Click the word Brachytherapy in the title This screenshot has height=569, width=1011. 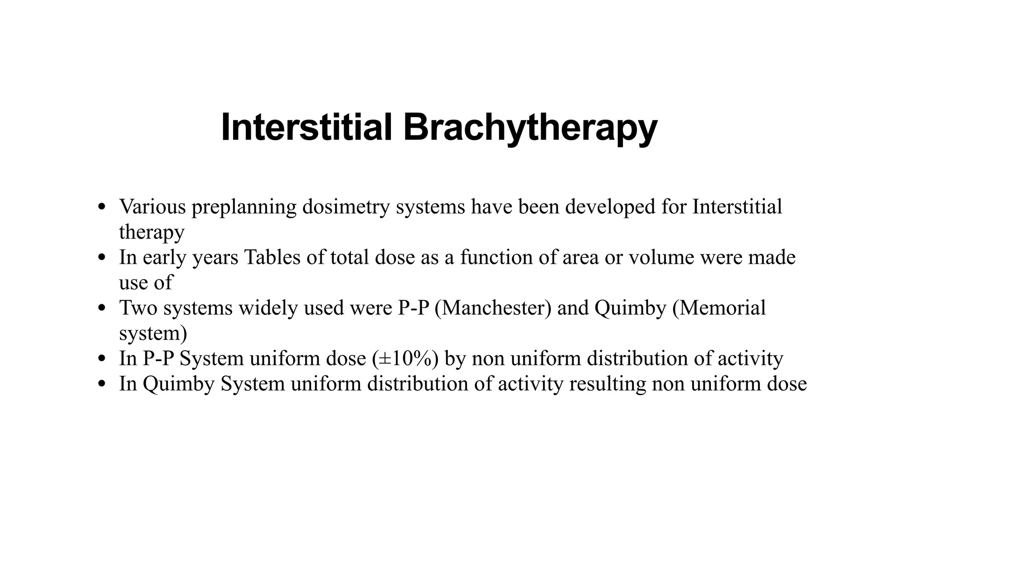tap(530, 128)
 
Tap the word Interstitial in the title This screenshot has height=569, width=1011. tap(307, 127)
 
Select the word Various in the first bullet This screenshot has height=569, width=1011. tap(152, 206)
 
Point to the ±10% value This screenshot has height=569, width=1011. tap(405, 359)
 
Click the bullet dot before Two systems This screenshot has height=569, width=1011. tap(102, 308)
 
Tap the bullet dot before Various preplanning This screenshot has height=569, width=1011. tap(102, 207)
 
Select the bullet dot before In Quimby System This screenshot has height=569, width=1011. tap(102, 384)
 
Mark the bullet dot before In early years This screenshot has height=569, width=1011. tap(102, 258)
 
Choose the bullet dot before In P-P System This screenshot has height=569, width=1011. tap(102, 359)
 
